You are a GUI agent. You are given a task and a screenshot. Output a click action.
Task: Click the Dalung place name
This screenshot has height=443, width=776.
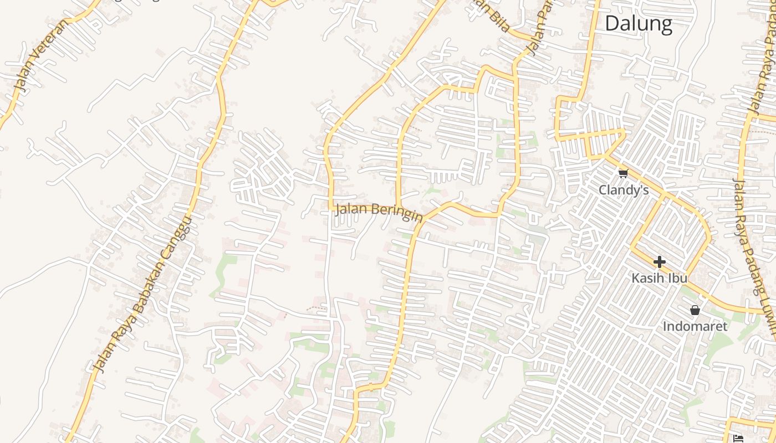[639, 24]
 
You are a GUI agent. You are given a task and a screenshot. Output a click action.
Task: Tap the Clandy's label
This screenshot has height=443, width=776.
[624, 190]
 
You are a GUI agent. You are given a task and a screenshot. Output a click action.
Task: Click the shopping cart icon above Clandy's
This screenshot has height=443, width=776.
[624, 174]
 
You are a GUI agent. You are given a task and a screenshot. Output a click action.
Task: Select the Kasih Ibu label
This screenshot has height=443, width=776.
[659, 277]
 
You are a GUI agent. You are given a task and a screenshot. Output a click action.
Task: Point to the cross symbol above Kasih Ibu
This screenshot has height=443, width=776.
[659, 261]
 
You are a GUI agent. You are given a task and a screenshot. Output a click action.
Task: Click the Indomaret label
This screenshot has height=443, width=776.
[695, 326]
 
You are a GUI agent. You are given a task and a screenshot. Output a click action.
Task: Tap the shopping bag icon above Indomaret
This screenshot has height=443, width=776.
[695, 310]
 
